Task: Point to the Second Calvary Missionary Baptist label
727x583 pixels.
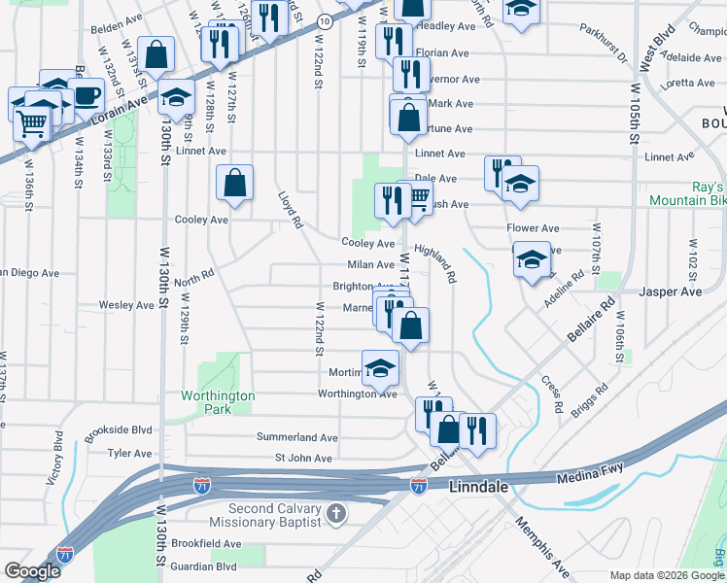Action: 274,516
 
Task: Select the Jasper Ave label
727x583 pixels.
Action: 670,291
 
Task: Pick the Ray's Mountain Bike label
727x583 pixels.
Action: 688,193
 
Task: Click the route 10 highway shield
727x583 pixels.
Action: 325,19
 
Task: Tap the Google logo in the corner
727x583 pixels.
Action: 32,571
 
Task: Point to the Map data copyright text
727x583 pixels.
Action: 667,575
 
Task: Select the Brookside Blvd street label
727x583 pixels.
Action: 118,429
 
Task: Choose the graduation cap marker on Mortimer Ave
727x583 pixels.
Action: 381,367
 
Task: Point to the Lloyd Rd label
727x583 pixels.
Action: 290,210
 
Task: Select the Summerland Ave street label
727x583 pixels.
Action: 296,437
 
